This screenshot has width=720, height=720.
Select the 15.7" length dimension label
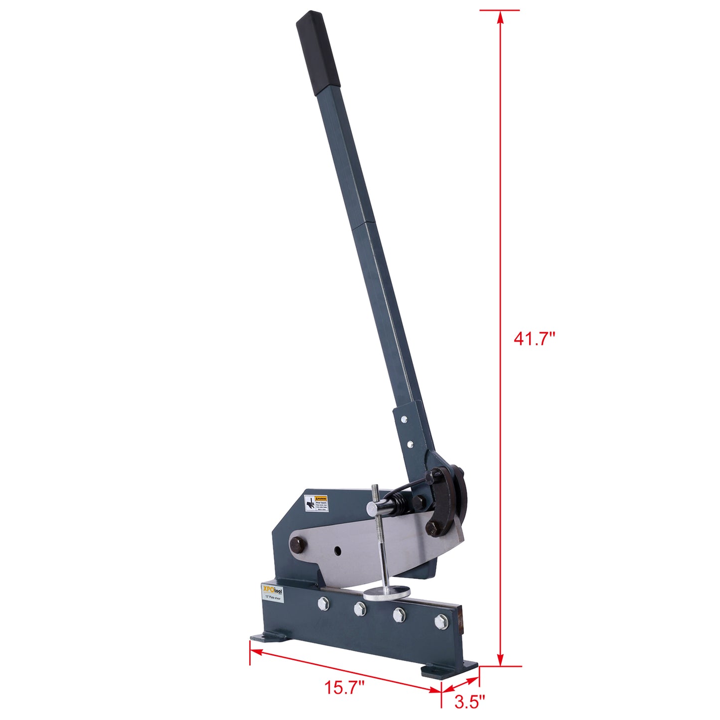[x=345, y=689]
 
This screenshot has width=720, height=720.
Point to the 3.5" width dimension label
[x=469, y=702]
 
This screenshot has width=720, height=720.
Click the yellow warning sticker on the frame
[x=317, y=503]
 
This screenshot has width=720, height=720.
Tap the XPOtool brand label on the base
[x=272, y=591]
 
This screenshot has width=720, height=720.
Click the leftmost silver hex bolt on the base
[x=323, y=603]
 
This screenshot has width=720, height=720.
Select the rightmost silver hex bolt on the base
[x=440, y=621]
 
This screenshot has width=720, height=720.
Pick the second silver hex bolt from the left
[x=359, y=608]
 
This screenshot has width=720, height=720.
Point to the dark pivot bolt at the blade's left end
[x=297, y=544]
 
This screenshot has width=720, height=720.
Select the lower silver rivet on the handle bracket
[x=409, y=443]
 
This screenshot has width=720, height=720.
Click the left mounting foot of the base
[x=264, y=638]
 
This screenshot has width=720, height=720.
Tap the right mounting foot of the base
[x=448, y=669]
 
